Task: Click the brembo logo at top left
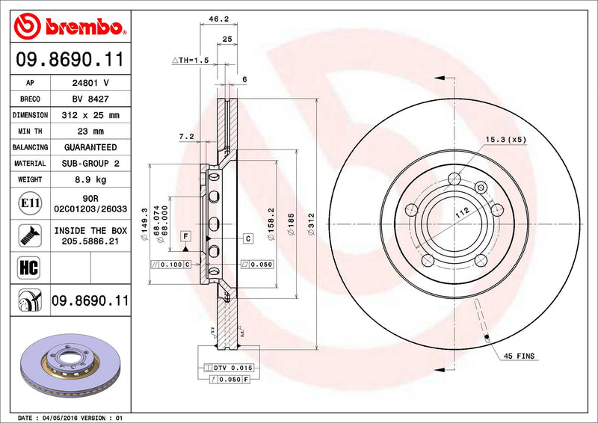click(x=69, y=27)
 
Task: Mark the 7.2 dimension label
click(x=187, y=137)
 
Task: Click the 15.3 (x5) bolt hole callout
click(x=506, y=139)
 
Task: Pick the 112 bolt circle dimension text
click(x=463, y=213)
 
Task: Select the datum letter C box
click(x=247, y=238)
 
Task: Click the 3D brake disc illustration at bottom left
click(x=67, y=366)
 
